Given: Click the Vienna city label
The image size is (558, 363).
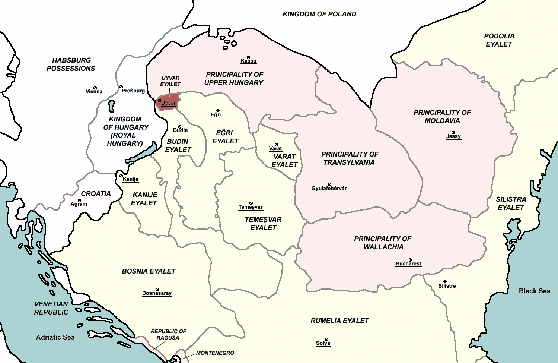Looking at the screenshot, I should click(x=94, y=92).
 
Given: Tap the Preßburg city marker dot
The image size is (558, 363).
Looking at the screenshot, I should click(x=121, y=86).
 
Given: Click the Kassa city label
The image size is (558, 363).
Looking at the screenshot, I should click(x=248, y=61).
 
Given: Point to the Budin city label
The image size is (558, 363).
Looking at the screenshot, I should click(x=181, y=130).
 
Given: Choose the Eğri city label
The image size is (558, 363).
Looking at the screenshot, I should click(x=216, y=115).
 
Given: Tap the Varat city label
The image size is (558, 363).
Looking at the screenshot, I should click(x=275, y=148).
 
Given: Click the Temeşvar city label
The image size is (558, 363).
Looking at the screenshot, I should click(x=251, y=207).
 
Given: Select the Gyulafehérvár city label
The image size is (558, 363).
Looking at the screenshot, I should click(x=329, y=189).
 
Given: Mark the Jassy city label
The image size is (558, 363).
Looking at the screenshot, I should click(x=453, y=136).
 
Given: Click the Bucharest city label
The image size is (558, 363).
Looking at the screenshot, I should click(x=408, y=264).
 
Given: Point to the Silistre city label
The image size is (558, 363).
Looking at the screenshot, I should click(x=447, y=286).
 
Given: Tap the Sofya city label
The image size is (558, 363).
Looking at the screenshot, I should click(x=323, y=343).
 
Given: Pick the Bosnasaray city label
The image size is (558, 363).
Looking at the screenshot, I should click(x=157, y=293).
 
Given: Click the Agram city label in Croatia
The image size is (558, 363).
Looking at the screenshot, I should click(x=79, y=204).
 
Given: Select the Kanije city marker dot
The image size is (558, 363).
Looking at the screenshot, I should click(x=121, y=176).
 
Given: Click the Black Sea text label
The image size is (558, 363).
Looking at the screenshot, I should click(x=535, y=291).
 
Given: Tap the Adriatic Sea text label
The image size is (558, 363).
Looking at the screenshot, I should click(x=55, y=337).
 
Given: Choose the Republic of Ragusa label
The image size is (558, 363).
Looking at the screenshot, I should click(x=168, y=334).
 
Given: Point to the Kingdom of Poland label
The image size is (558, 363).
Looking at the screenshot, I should click(x=319, y=14).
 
